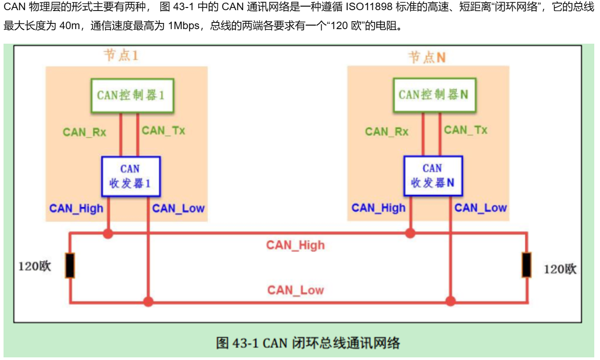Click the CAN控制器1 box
click(x=132, y=95)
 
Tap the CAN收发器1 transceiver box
click(x=131, y=176)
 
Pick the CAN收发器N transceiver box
click(x=433, y=176)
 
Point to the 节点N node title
click(x=426, y=57)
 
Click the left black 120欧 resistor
click(x=70, y=265)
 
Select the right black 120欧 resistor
click(x=526, y=265)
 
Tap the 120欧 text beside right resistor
click(x=560, y=269)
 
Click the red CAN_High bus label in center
click(x=295, y=245)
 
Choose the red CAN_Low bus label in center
click(x=295, y=290)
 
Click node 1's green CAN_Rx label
click(x=84, y=132)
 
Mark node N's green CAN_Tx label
click(x=465, y=130)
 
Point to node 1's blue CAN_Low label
click(x=178, y=208)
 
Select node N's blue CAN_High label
click(x=378, y=208)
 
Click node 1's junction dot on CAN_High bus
click(x=108, y=234)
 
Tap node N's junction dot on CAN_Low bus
click(x=450, y=302)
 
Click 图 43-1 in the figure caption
click(x=238, y=343)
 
